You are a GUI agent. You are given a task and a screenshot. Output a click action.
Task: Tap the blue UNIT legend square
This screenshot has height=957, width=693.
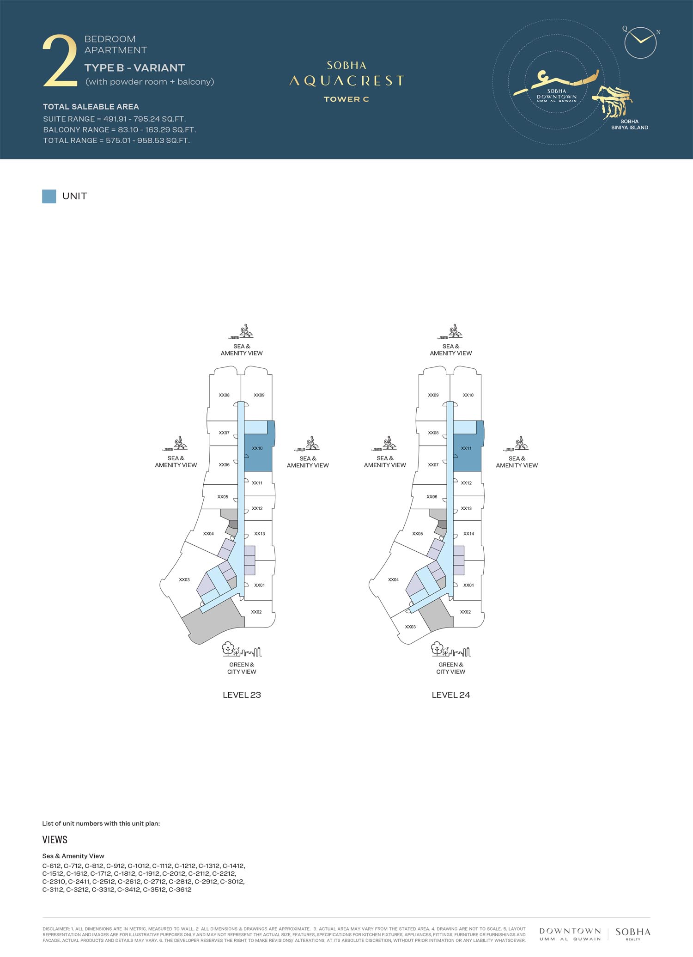click(49, 196)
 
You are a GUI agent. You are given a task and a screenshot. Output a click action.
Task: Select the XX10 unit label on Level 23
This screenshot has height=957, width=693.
click(257, 448)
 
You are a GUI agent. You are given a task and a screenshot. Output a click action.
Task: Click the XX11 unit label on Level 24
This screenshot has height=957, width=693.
click(466, 448)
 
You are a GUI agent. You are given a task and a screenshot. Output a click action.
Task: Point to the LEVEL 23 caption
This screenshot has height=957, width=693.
click(242, 695)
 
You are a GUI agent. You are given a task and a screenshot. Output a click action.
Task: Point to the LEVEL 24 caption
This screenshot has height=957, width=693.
click(451, 695)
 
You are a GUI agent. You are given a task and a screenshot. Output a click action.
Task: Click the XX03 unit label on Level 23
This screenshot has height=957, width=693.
click(184, 579)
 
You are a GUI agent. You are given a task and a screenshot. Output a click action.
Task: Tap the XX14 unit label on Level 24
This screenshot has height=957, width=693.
click(468, 534)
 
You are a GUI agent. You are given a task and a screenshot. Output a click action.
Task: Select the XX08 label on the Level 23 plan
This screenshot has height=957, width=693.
click(224, 395)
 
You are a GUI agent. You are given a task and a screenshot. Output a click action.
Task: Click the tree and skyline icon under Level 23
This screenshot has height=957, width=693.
click(242, 649)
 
